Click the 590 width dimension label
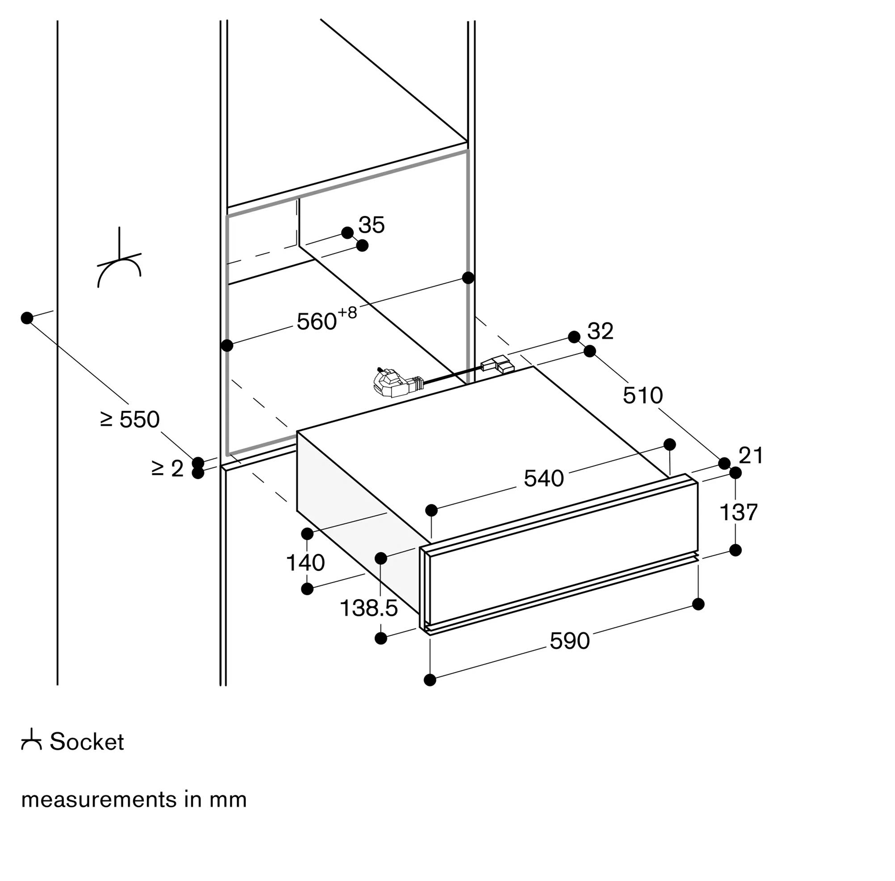click(x=570, y=641)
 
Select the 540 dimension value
click(x=544, y=478)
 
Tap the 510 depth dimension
click(x=643, y=395)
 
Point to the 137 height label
click(x=738, y=512)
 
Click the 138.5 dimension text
click(x=368, y=608)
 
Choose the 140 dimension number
click(x=305, y=562)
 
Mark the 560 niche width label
click(x=317, y=321)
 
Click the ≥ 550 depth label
click(x=130, y=419)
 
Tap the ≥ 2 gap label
click(x=167, y=469)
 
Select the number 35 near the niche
click(x=372, y=225)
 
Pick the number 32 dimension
click(x=600, y=331)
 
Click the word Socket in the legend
click(x=87, y=741)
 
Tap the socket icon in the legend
click(x=32, y=740)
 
